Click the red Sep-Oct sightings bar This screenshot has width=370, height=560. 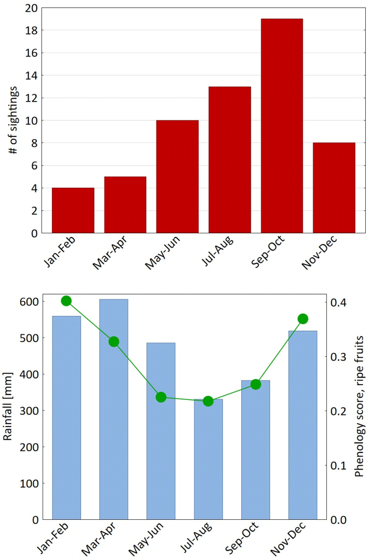tap(281, 126)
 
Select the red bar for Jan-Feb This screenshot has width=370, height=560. tap(73, 210)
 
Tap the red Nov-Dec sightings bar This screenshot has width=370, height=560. tap(334, 188)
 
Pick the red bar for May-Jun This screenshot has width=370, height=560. tap(177, 177)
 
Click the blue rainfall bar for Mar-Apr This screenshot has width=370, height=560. tap(113, 409)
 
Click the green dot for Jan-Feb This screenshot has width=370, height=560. tap(66, 301)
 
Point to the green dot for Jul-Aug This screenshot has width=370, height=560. tap(208, 401)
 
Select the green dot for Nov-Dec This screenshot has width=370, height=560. tap(303, 319)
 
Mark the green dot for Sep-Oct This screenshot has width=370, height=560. tap(255, 385)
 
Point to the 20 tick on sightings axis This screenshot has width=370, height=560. tap(31, 8)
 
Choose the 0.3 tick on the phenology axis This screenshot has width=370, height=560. tap(339, 357)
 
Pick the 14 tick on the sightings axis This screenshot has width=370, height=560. tap(31, 76)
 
